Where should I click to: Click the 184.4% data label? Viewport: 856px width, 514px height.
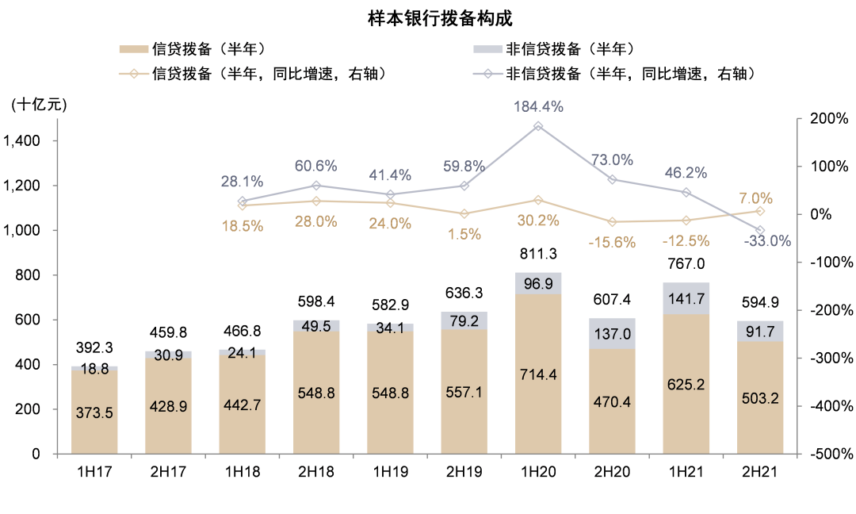tap(538, 106)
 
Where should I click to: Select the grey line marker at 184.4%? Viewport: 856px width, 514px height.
tap(538, 126)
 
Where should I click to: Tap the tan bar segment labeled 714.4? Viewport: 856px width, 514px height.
tap(538, 374)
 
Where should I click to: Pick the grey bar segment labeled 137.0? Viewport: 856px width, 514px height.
tap(612, 334)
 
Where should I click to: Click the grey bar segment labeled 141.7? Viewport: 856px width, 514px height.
tap(686, 298)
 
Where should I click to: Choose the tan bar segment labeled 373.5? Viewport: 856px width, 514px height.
tap(94, 412)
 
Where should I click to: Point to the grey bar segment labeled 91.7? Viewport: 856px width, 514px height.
tap(759, 331)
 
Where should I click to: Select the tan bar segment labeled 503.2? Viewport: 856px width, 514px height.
tap(759, 398)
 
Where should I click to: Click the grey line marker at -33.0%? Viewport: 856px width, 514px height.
tap(761, 230)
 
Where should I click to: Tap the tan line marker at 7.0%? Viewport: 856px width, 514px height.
tap(761, 211)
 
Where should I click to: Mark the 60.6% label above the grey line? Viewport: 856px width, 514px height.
tap(315, 166)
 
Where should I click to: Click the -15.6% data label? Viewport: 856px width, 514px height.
tap(612, 243)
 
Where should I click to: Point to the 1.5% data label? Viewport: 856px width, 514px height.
tap(464, 234)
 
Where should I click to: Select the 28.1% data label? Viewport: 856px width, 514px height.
tap(242, 182)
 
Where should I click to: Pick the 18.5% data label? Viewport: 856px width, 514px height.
tap(242, 226)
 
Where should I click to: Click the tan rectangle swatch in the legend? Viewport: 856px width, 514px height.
tap(134, 49)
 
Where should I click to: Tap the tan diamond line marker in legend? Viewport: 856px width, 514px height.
tap(134, 74)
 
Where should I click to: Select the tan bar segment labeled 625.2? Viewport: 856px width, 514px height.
tap(686, 384)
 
